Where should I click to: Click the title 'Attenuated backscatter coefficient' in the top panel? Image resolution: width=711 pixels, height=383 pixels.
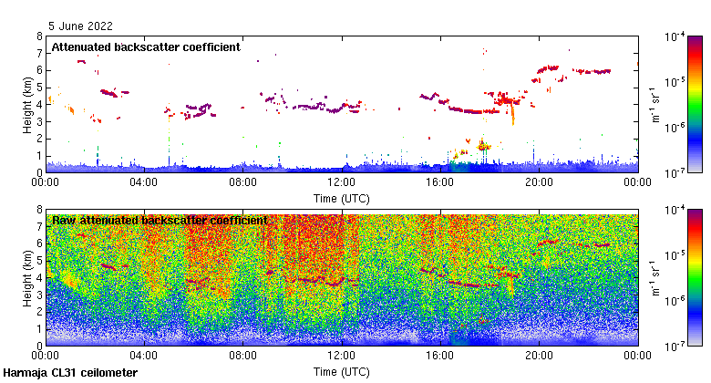[146, 47]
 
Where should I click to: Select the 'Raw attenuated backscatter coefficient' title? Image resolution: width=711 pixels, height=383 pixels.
[160, 220]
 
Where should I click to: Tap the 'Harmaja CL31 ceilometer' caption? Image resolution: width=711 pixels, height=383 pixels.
[71, 373]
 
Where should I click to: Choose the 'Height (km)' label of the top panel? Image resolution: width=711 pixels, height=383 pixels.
[28, 104]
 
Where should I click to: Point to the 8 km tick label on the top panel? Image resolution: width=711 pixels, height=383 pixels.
[38, 36]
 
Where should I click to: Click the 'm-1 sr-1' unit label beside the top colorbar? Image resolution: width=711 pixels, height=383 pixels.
[654, 104]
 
